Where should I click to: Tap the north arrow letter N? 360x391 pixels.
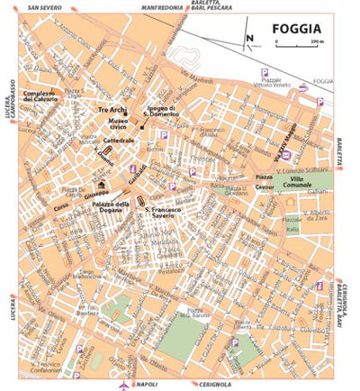pos(251,38)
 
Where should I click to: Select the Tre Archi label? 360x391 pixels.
pos(114,109)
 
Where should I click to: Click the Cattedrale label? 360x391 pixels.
pos(119,141)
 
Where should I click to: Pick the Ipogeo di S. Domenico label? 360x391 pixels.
pos(166,113)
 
